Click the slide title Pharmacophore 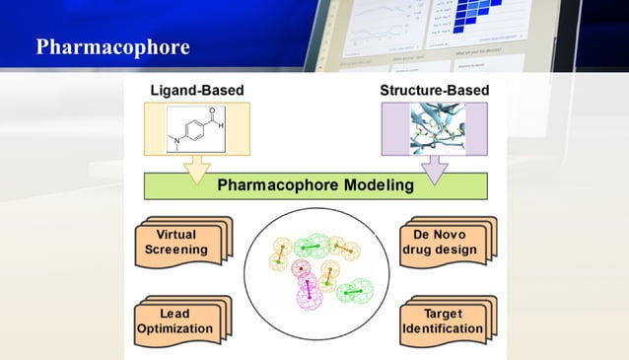(x=112, y=47)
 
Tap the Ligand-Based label (x=196, y=91)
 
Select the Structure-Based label (x=434, y=91)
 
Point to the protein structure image (x=434, y=128)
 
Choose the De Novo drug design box (x=443, y=243)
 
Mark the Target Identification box (x=443, y=322)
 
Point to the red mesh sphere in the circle (x=294, y=267)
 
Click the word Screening (x=175, y=250)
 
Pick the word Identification (x=443, y=328)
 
